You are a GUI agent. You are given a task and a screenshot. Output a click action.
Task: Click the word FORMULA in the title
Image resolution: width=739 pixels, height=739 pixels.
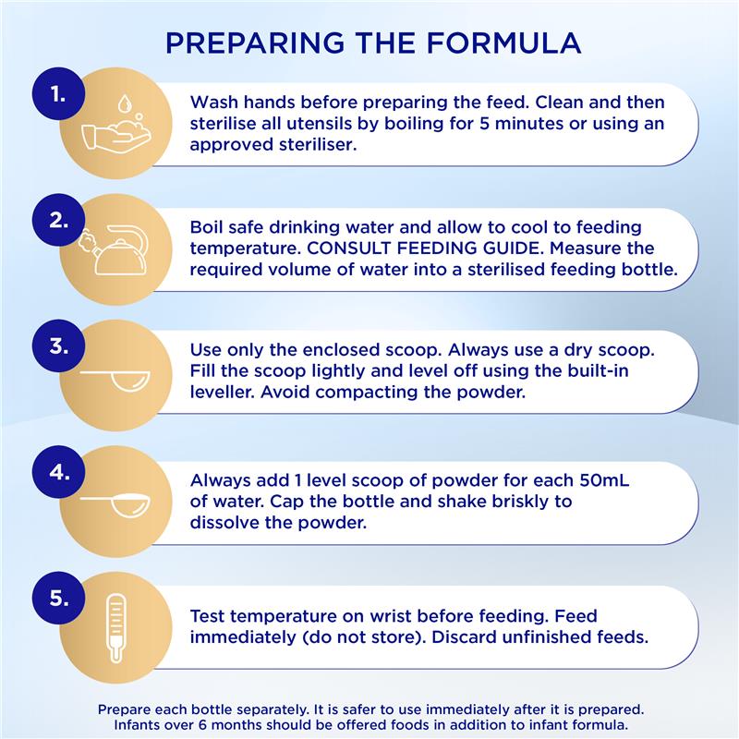pos(503,42)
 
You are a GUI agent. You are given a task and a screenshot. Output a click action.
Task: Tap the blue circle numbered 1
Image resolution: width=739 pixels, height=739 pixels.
pos(58,94)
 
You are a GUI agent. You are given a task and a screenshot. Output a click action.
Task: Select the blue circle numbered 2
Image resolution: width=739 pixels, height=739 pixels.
pos(58,220)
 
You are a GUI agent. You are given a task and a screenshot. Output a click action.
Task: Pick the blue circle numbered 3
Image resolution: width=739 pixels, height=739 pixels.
pos(58,345)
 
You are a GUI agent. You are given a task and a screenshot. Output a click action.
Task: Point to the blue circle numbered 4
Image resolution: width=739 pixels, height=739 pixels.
pos(58,472)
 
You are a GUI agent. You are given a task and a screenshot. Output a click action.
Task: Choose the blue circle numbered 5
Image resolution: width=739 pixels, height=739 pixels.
pos(58,598)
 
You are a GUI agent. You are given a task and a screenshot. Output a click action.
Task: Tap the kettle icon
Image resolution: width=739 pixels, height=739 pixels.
pos(114,249)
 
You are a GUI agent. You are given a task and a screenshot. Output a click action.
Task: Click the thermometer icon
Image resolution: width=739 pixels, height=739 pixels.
pos(115,628)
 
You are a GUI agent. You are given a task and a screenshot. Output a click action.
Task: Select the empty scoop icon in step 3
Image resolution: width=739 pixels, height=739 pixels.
pos(115,381)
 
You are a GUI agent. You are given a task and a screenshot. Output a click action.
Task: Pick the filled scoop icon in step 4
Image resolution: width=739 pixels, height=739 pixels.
pos(115,505)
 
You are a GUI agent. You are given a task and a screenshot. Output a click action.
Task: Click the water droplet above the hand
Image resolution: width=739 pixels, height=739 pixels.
pos(125,103)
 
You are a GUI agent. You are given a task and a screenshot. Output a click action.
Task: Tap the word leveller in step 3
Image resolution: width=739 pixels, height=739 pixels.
pos(222,392)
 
